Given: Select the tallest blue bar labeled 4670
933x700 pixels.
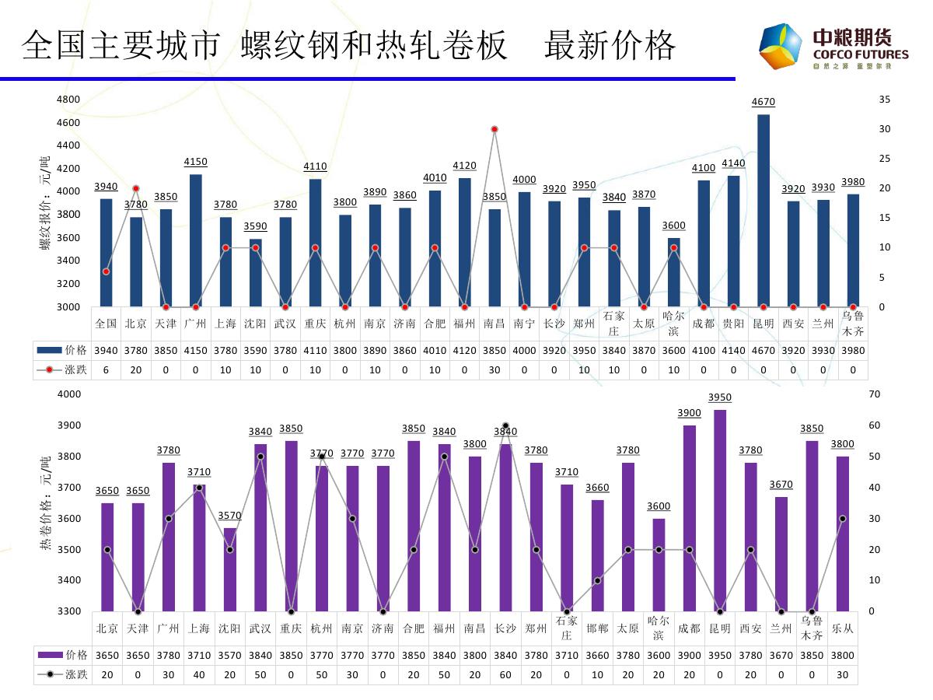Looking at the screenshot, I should (764, 210).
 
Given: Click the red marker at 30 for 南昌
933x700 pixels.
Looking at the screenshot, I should (494, 129).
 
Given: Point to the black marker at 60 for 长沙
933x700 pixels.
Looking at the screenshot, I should (505, 426).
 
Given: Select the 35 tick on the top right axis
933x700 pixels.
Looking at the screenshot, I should (884, 100).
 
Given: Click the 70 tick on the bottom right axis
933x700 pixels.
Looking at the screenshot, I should (875, 394).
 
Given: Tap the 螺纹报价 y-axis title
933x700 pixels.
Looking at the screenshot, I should (44, 202).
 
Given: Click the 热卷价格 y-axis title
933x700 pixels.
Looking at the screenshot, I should (44, 506).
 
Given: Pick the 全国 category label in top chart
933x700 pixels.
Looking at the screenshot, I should (106, 324).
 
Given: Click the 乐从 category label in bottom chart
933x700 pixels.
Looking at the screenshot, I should (842, 628).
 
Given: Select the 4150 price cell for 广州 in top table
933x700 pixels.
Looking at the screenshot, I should (195, 350).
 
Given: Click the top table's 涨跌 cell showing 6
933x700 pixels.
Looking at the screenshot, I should (106, 369).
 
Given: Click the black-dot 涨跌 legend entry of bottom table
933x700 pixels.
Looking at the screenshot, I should (62, 674).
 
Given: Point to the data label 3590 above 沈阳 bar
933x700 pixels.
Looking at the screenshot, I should (255, 226).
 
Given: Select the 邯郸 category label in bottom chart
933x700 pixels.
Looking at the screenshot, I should (597, 628).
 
